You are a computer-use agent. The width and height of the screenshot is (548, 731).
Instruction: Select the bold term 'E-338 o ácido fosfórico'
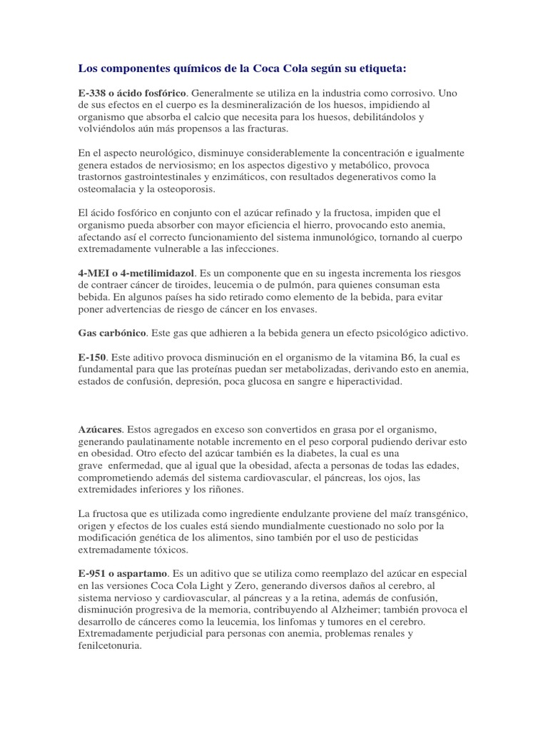tap(132, 93)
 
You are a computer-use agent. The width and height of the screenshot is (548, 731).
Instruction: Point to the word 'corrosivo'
tap(410, 93)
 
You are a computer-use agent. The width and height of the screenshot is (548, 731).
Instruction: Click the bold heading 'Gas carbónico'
tap(112, 334)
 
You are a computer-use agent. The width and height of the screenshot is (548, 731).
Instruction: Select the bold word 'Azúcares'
tap(100, 430)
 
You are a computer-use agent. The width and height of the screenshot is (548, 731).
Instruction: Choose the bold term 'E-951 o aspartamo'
tap(123, 574)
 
